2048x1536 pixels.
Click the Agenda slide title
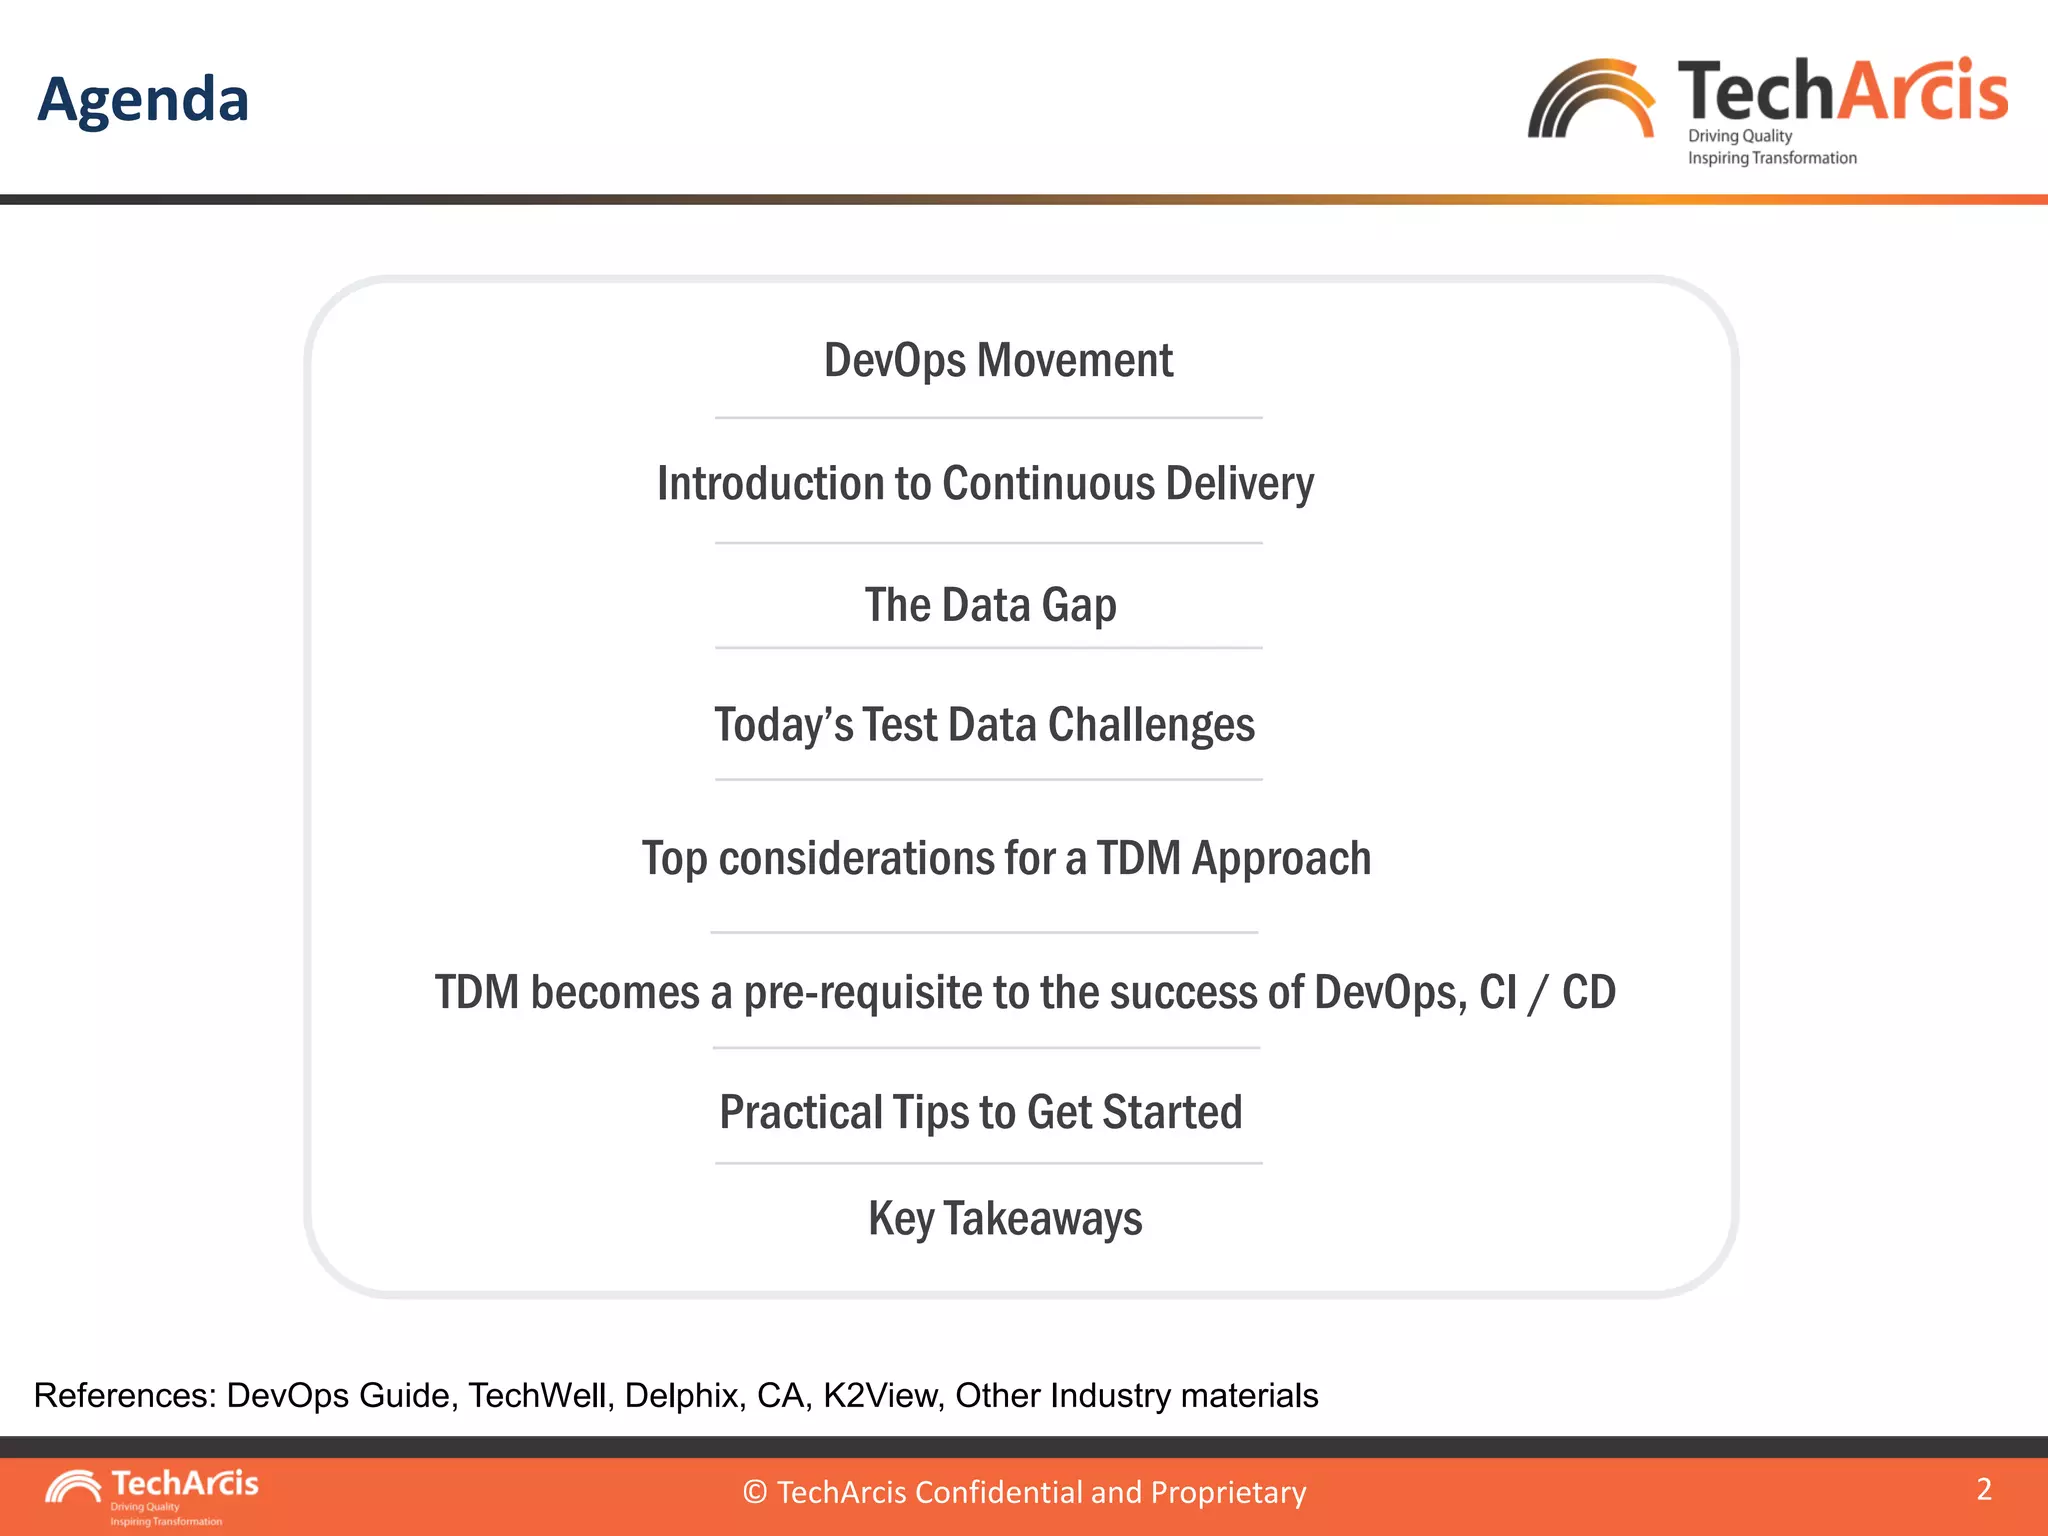point(143,100)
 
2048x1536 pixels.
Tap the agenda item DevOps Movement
point(998,360)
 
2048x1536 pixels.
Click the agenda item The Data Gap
point(990,605)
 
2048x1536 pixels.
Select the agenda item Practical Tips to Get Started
point(981,1112)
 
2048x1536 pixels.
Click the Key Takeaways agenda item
point(1005,1219)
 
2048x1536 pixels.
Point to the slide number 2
point(1984,1489)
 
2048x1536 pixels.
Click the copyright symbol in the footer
point(755,1492)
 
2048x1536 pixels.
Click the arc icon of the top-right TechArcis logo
point(1590,100)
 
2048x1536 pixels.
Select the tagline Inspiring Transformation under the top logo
point(1772,158)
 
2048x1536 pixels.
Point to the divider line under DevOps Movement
point(988,418)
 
